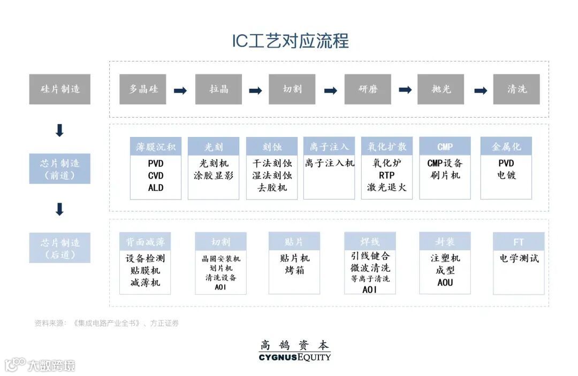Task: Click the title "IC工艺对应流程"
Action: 290,41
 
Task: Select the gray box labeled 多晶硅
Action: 143,89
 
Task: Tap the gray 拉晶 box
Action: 218,89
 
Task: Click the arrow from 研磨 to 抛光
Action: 405,90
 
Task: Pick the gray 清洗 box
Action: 516,89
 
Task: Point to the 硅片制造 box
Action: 60,89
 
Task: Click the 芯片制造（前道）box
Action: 60,169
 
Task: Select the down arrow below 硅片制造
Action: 60,131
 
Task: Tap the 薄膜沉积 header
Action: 156,147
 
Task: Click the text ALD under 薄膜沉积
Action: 156,188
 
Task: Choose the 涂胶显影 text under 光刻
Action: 214,175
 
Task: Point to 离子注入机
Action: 329,163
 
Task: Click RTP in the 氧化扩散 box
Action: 387,175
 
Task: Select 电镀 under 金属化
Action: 506,175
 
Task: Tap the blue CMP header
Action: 445,147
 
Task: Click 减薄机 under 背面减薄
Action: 145,282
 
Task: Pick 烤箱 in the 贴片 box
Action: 294,270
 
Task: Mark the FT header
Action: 519,242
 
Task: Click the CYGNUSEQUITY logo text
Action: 294,357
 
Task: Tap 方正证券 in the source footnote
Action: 164,323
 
